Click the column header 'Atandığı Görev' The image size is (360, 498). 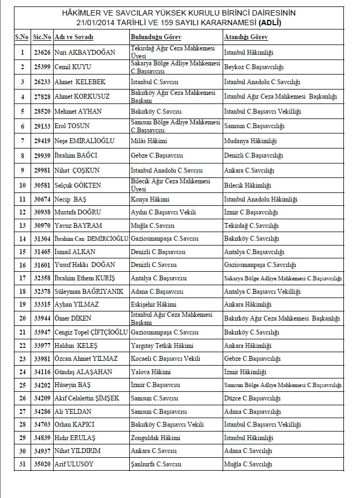[246, 37]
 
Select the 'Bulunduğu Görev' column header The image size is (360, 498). [155, 37]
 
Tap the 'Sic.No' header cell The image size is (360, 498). [42, 37]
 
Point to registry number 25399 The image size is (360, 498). [42, 67]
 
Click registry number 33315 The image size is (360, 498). [42, 304]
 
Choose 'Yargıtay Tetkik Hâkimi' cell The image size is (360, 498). [162, 346]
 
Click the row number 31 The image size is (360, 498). [22, 465]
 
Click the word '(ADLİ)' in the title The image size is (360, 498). [270, 23]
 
